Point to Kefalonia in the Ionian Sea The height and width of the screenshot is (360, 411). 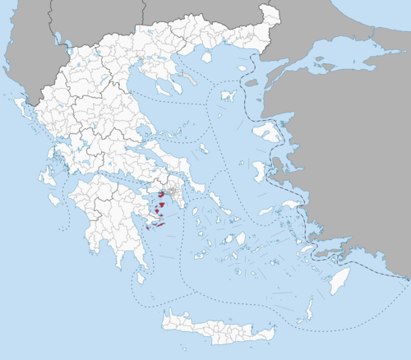(47, 176)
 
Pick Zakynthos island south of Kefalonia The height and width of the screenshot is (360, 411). (54, 198)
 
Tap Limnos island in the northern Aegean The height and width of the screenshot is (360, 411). (229, 96)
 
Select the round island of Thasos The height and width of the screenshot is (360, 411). (206, 58)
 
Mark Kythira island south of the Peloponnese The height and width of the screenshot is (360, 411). (142, 279)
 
